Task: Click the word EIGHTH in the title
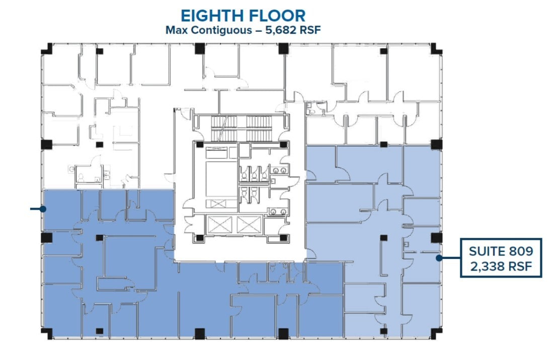(x=212, y=16)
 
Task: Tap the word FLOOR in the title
(x=277, y=16)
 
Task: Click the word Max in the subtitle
(x=177, y=30)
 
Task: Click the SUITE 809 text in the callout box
(x=501, y=251)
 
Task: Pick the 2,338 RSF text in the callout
(x=501, y=266)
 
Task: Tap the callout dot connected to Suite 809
(x=439, y=258)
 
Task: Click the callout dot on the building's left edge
(x=43, y=209)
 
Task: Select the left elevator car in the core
(x=219, y=225)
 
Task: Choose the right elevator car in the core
(x=249, y=225)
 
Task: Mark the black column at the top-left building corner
(x=47, y=49)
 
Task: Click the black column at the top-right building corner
(x=436, y=49)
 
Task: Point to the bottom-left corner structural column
(x=47, y=333)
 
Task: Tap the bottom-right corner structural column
(x=436, y=333)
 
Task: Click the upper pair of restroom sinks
(x=279, y=171)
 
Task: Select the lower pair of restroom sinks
(x=279, y=212)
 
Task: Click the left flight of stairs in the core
(x=224, y=128)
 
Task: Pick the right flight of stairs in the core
(x=259, y=128)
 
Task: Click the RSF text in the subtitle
(x=310, y=30)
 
